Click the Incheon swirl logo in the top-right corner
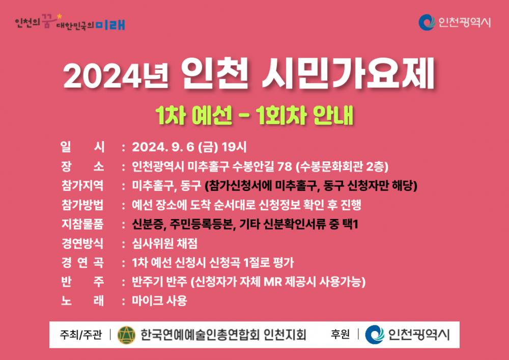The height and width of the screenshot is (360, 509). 427,22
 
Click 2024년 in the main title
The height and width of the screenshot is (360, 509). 116,76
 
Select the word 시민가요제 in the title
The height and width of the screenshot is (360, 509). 348,74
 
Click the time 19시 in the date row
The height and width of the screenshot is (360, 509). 234,147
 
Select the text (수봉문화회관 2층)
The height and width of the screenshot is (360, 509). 342,167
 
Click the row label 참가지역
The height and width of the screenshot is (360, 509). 82,186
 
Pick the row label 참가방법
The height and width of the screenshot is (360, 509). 82,205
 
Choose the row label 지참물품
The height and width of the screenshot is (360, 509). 82,224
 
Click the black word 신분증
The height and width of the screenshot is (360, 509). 148,224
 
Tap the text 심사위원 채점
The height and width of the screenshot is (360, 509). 164,243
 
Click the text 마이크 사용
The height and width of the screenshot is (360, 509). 159,300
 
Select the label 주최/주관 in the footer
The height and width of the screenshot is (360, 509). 81,335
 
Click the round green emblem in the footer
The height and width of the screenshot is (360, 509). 126,335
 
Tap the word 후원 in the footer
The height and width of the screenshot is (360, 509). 340,335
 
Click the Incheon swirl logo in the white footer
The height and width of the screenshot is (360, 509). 375,335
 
